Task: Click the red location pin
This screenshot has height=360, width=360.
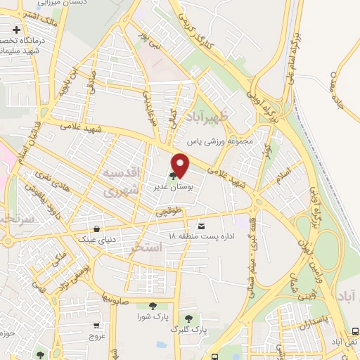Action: (181, 165)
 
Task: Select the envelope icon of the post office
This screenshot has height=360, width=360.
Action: (202, 226)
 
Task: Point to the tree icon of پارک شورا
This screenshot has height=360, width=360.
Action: (153, 305)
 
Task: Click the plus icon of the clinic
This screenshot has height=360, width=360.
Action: (15, 30)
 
